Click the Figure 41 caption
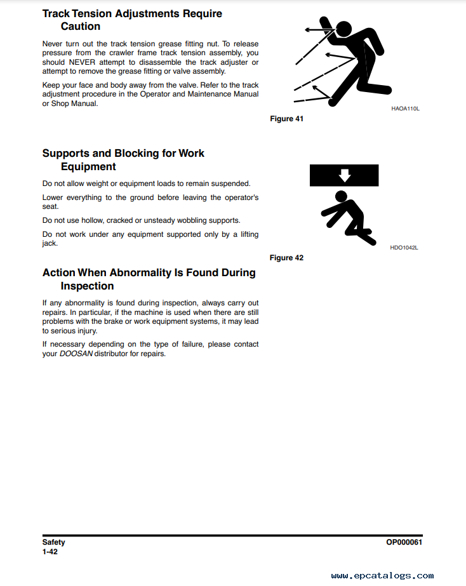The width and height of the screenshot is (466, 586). pos(286,119)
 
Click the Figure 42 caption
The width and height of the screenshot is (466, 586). pos(286,258)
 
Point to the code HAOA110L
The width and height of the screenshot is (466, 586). pos(406,109)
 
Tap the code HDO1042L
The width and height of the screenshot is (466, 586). pos(404,248)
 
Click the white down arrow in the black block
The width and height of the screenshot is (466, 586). pos(344,175)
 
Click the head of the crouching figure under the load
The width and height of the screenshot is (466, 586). pos(341,196)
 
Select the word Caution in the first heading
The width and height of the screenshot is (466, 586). pos(81,27)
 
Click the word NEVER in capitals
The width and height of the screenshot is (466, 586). pos(82,62)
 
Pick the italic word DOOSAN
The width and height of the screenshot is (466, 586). pos(76,354)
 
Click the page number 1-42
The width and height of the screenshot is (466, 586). pos(50,552)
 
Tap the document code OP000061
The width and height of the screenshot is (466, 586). pos(404,542)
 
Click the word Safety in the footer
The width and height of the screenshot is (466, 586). pos(53,542)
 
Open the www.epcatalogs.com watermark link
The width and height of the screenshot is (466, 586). pos(382,576)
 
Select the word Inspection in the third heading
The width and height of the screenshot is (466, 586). pos(87,286)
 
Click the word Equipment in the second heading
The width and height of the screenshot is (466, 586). pos(88,167)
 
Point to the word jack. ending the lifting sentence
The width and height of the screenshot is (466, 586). pos(50,244)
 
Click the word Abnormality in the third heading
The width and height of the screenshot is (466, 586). pos(140,273)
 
